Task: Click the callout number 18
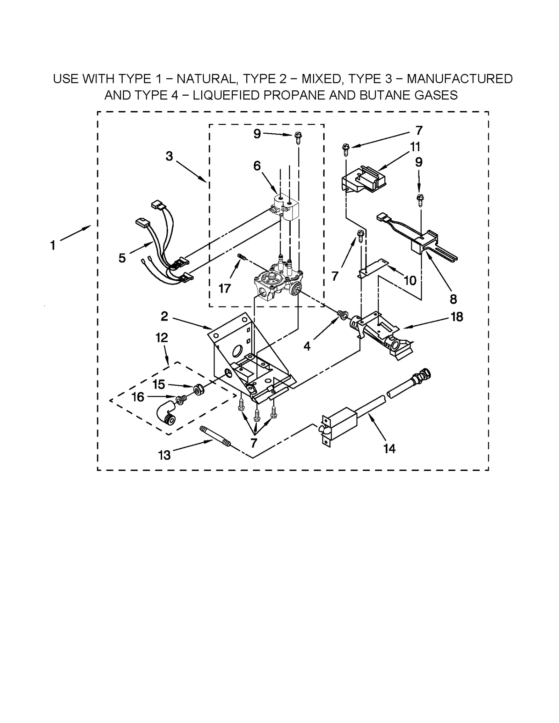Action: click(457, 317)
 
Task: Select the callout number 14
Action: click(389, 449)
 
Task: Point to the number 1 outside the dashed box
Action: click(53, 245)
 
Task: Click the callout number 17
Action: click(224, 288)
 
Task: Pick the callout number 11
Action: click(415, 147)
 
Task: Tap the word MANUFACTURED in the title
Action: click(459, 79)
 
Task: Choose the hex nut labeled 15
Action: click(199, 389)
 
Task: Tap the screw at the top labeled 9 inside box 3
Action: click(298, 138)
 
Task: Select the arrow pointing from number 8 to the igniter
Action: click(439, 273)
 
